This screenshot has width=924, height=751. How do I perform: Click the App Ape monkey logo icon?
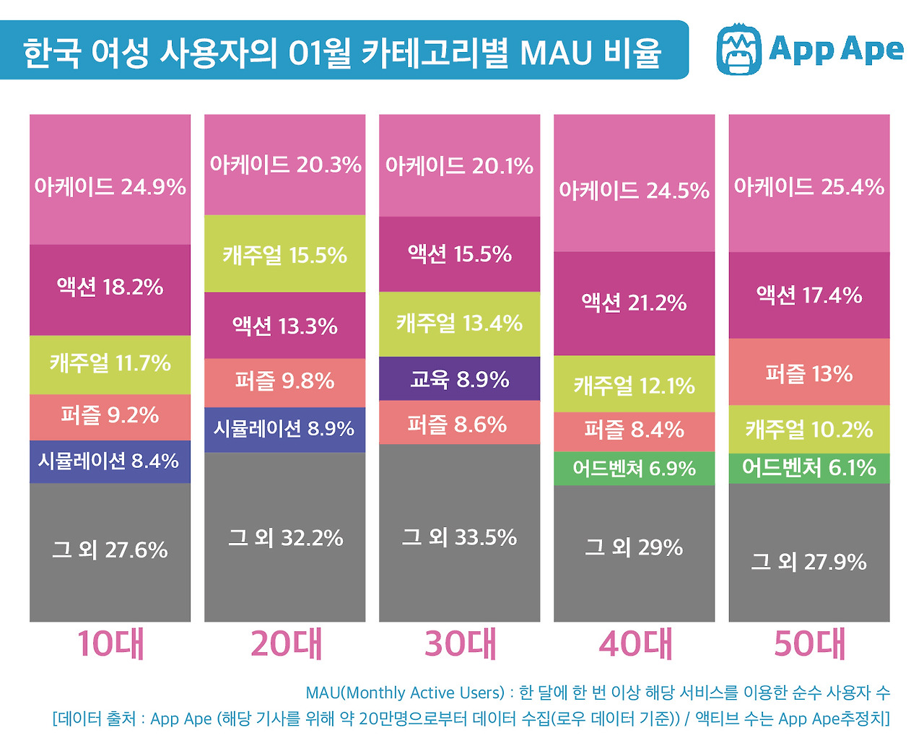[x=738, y=50]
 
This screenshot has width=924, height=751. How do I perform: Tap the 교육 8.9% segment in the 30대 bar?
[x=459, y=379]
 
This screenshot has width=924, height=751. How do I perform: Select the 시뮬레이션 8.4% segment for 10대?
[x=110, y=461]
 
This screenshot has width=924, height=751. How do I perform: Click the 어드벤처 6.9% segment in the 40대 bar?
[x=634, y=469]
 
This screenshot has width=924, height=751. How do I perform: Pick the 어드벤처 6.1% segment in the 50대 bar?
[x=808, y=468]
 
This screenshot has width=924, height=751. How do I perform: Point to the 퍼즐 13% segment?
[x=808, y=373]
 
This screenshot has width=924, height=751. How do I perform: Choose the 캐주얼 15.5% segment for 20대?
[x=284, y=254]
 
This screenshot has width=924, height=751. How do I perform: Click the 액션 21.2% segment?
[x=634, y=303]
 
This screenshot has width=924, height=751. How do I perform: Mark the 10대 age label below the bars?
[x=110, y=644]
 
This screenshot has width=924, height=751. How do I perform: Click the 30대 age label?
[x=460, y=644]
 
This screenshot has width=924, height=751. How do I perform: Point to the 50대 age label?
[x=809, y=644]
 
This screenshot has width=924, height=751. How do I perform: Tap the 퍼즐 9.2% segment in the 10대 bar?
[x=110, y=416]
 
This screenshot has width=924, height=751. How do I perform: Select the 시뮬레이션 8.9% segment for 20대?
[x=284, y=429]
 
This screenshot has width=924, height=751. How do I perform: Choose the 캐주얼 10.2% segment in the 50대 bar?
[x=808, y=429]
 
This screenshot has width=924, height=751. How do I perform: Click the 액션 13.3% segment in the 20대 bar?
[x=284, y=326]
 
